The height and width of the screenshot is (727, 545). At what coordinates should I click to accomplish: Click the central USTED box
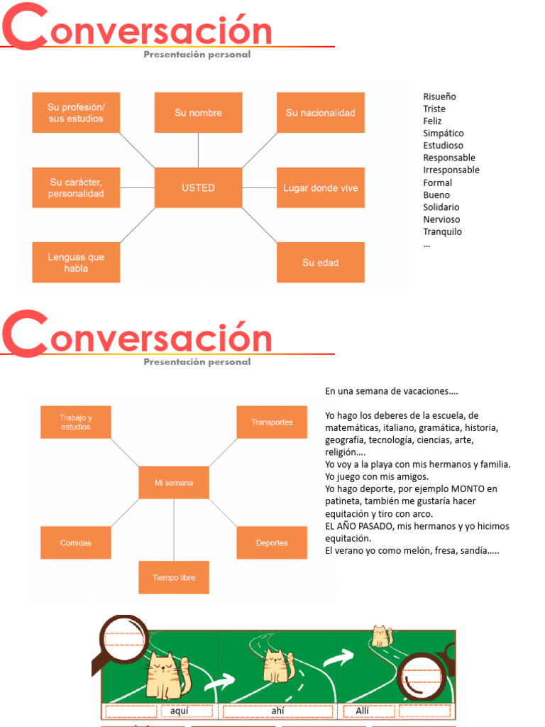[x=198, y=188]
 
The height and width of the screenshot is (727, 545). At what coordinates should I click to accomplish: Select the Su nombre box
[x=198, y=113]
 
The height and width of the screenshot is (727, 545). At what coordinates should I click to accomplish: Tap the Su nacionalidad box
[x=320, y=113]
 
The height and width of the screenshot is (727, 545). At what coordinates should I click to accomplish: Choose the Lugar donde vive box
[x=320, y=188]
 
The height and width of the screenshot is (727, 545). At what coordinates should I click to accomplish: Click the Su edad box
[x=320, y=263]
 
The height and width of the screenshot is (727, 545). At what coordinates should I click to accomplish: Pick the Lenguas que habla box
[x=76, y=263]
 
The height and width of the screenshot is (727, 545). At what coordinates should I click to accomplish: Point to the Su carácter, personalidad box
[x=76, y=188]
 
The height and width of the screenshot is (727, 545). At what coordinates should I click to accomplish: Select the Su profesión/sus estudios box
[x=76, y=113]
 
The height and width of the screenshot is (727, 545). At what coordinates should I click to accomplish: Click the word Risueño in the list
[x=439, y=97]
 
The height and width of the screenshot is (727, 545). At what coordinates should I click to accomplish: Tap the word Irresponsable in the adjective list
[x=451, y=170]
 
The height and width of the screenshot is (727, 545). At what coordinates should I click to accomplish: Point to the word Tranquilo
[x=442, y=232]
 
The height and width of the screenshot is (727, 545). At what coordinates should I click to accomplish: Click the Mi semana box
[x=174, y=483]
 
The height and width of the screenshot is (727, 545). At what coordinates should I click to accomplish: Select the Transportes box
[x=272, y=422]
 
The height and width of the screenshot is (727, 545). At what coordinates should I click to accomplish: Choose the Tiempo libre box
[x=174, y=578]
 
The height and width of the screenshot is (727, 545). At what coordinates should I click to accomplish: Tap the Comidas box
[x=76, y=543]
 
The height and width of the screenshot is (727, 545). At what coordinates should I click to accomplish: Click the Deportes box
[x=272, y=543]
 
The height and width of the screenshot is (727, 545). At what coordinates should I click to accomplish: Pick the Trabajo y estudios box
[x=76, y=422]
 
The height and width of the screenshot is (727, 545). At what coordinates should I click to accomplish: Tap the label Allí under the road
[x=355, y=711]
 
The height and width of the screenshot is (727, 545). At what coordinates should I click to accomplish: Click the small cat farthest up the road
[x=382, y=636]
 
